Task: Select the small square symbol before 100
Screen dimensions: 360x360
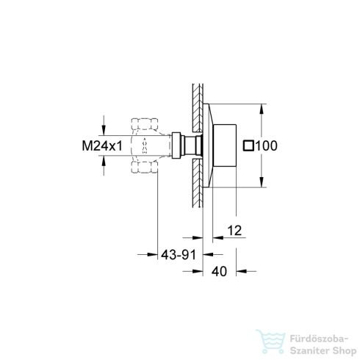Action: (x=248, y=146)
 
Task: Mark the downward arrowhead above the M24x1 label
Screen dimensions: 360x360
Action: (x=104, y=126)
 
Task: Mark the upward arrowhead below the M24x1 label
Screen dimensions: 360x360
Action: (x=104, y=166)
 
